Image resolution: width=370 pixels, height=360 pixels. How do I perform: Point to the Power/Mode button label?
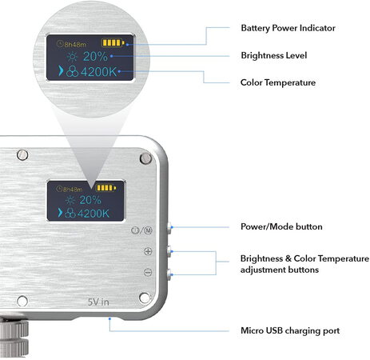pyautogui.click(x=281, y=226)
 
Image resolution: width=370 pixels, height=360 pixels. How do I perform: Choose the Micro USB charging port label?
pyautogui.click(x=289, y=330)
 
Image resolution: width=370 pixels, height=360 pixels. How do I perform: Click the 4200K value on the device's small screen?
pyautogui.click(x=90, y=214)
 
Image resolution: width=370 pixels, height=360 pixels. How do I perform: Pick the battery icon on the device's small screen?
pyautogui.click(x=105, y=188)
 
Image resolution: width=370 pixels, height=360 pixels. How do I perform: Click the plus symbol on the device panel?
pyautogui.click(x=148, y=250)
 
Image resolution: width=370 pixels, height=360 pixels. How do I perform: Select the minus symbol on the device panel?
pyautogui.click(x=148, y=273)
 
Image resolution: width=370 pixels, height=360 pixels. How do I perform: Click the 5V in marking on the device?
pyautogui.click(x=98, y=302)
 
